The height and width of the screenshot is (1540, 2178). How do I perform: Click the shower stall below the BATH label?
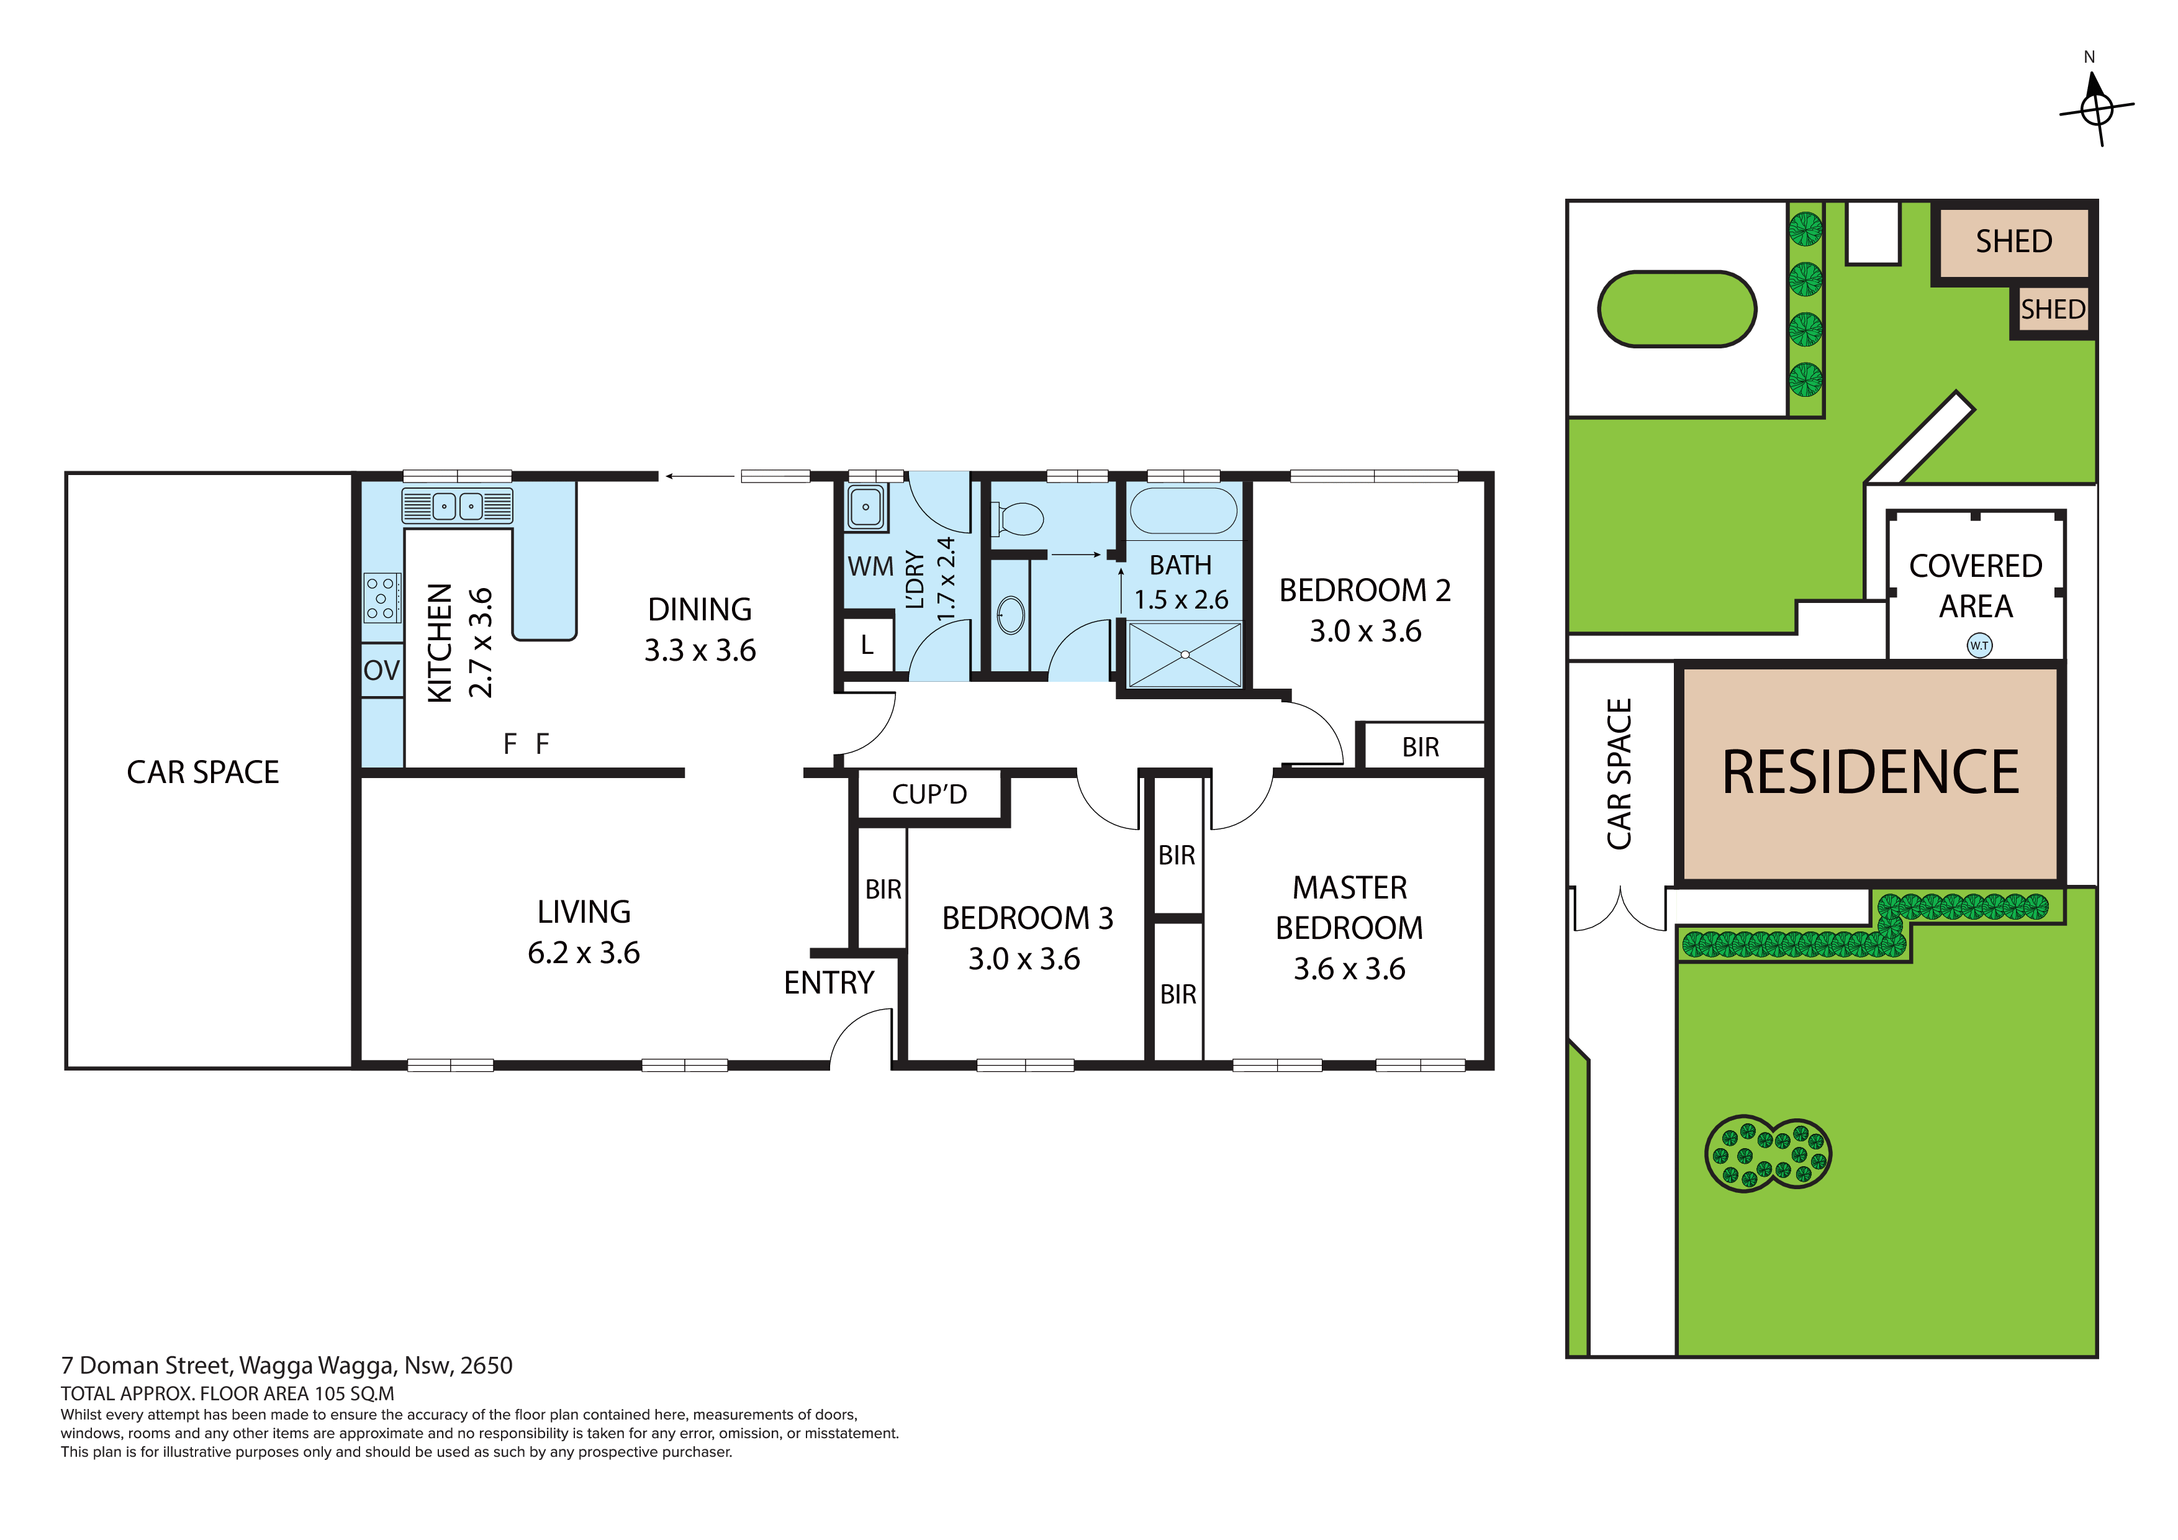point(1184,654)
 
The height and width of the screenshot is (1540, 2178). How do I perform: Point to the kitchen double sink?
point(457,505)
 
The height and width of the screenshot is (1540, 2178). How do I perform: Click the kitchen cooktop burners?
point(381,598)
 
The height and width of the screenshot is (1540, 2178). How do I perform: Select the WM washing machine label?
point(870,566)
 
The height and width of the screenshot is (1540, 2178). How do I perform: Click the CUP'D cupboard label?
point(929,794)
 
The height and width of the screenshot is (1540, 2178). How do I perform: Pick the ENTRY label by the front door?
point(828,983)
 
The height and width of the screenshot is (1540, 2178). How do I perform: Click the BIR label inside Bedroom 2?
point(1420,748)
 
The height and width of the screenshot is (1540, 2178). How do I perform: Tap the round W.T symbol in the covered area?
point(1979,645)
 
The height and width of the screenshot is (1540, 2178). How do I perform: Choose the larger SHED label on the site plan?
point(2013,242)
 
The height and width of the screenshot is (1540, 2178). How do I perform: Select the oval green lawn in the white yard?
point(1677,309)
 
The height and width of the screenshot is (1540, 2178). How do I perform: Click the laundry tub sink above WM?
point(865,507)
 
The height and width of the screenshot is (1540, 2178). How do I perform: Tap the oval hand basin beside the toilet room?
point(1011,615)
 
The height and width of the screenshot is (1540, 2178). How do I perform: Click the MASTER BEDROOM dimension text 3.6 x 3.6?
point(1349,969)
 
